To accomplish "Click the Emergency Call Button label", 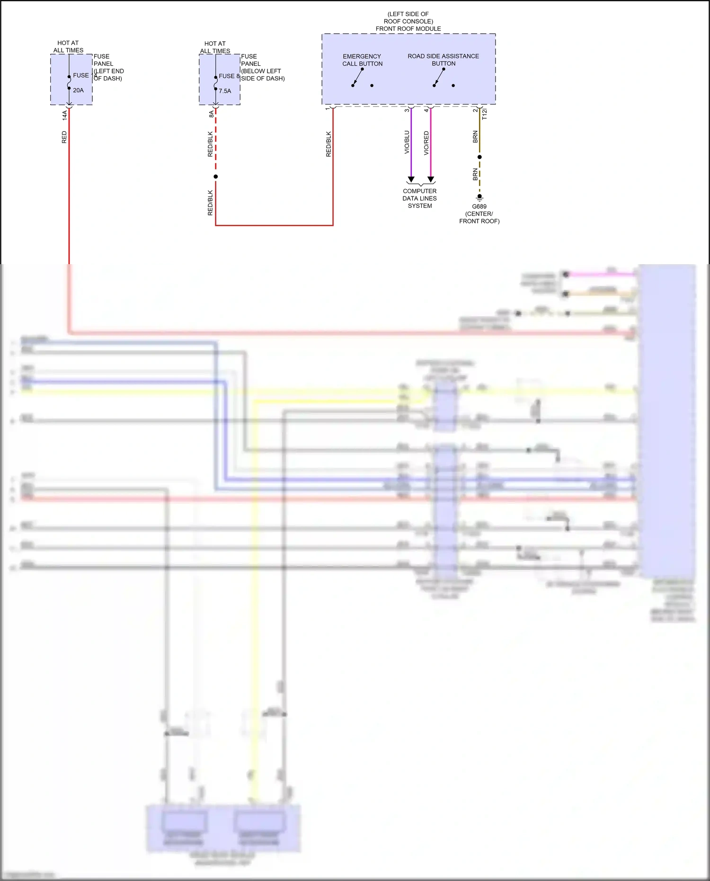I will pos(362,60).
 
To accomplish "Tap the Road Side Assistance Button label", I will pos(443,60).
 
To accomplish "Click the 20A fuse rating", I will pos(78,90).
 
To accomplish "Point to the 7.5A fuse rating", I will pos(225,91).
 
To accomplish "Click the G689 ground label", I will pos(479,207).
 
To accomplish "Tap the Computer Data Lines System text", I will pos(420,198).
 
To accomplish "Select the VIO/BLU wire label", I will pos(407,142).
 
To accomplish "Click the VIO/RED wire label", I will pos(426,143).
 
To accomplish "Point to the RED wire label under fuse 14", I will pos(64,137).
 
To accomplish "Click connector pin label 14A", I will pos(65,115).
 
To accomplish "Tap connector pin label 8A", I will pos(212,114).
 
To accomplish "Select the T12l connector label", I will pos(484,114).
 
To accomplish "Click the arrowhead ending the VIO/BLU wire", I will pos(411,179).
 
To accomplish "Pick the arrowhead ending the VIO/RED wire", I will pos(431,179).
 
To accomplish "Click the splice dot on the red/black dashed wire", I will pos(216,177).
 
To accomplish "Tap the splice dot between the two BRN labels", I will pos(479,157).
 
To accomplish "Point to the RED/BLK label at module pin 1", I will pos(328,144).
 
